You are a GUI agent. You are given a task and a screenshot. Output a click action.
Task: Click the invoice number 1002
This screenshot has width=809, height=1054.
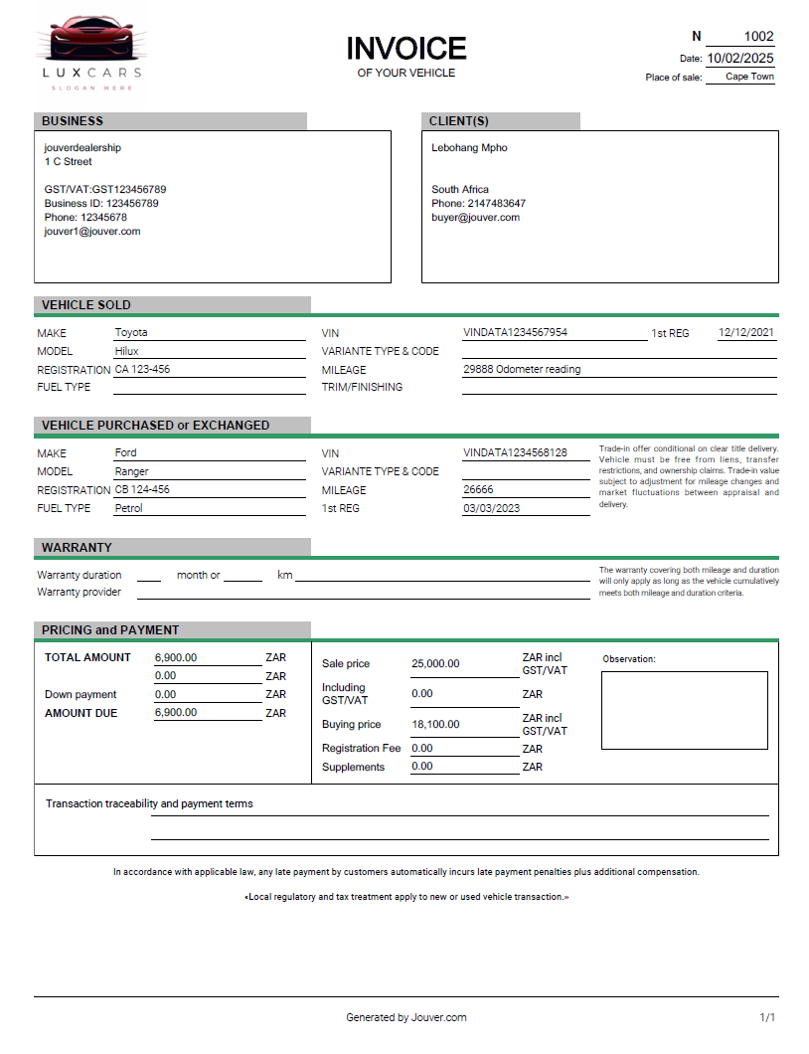758,37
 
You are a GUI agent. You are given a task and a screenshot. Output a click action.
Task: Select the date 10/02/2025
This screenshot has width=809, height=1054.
739,59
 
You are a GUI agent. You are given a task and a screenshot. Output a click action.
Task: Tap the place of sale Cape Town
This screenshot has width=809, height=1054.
748,77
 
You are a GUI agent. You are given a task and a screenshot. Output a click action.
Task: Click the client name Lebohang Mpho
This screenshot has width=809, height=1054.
469,148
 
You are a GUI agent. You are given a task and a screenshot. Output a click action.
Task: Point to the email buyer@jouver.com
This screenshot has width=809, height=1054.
475,217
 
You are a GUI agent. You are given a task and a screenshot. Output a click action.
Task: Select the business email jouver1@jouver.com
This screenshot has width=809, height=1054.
92,231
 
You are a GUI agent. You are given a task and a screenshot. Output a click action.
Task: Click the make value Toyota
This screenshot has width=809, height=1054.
131,332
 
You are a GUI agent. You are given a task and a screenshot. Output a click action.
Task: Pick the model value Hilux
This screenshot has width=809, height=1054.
127,351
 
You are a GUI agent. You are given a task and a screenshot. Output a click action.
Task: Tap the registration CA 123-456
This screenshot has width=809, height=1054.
142,369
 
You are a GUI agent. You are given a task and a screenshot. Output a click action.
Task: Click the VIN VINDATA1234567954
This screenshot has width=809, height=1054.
515,332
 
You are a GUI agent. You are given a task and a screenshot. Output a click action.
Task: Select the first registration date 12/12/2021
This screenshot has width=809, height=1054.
746,332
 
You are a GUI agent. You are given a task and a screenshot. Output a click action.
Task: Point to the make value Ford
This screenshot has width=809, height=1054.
125,452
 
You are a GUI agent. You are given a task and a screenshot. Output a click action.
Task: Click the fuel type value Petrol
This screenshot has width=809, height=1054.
129,508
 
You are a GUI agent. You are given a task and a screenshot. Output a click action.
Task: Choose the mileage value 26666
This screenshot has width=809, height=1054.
478,489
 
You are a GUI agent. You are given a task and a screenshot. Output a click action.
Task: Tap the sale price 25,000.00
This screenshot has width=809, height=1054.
435,664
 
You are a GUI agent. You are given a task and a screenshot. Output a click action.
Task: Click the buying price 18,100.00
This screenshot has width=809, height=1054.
435,725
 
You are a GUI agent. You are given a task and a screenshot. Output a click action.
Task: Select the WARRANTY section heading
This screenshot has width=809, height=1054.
77,548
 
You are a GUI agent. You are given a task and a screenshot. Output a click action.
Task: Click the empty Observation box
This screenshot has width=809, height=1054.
684,710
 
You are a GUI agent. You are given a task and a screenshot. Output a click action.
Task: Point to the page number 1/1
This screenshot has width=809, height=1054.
767,1017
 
